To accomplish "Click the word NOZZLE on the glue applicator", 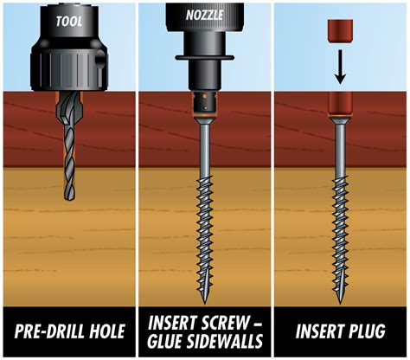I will tap(204, 15).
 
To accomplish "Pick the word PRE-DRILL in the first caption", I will tap(47, 331).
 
